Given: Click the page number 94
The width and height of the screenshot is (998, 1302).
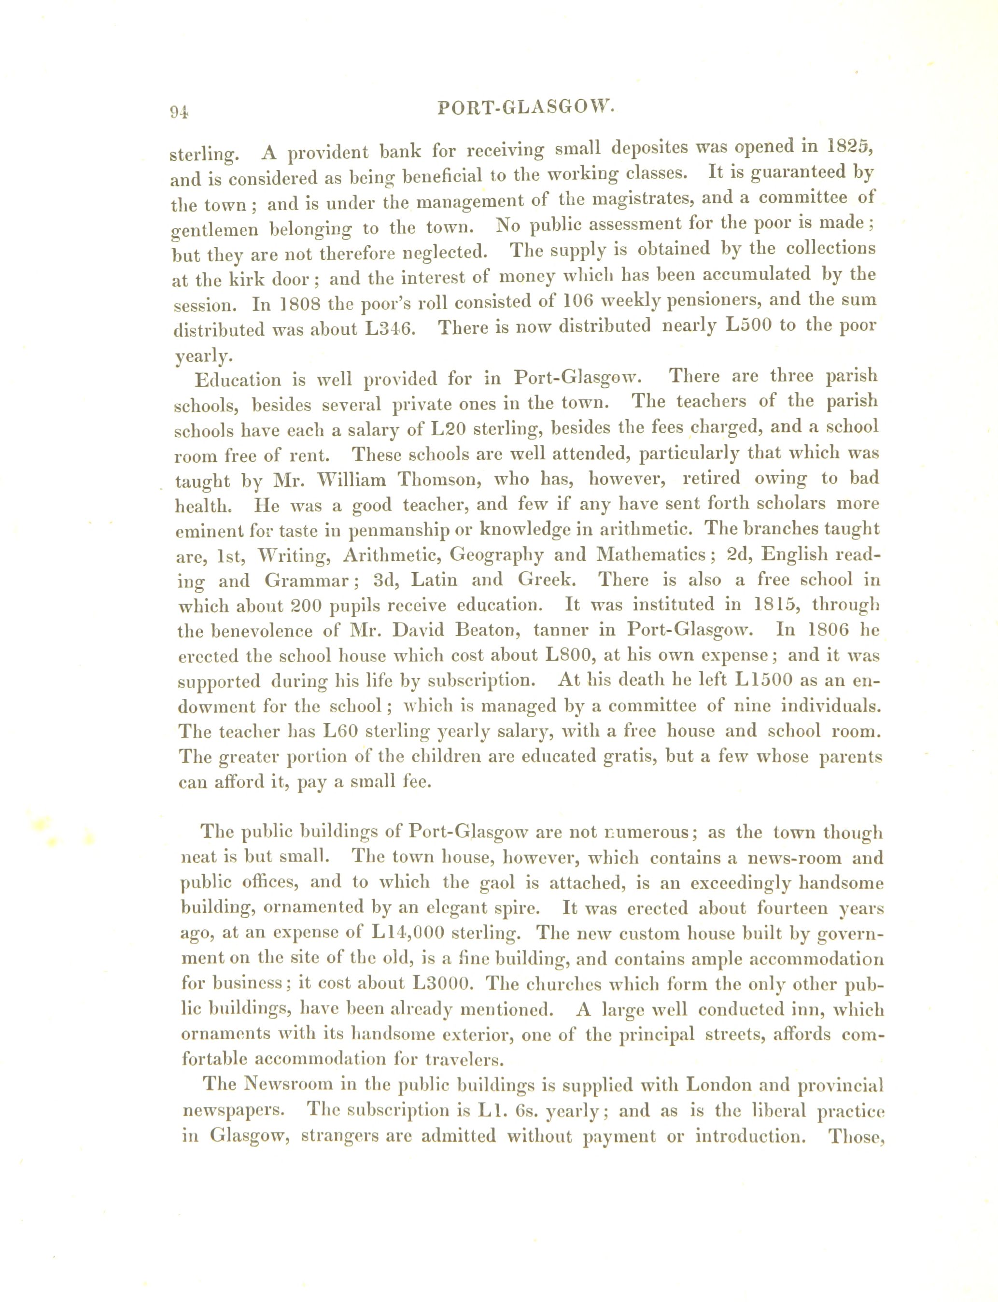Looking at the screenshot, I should [x=179, y=113].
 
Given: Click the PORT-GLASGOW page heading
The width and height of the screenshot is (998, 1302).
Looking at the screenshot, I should [x=524, y=108].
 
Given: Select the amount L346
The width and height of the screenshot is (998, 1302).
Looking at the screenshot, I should [x=389, y=328].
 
